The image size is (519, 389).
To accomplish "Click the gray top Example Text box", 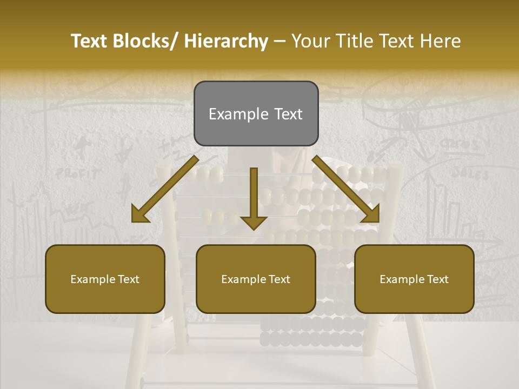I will tap(256, 113).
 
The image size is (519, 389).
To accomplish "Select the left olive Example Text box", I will tap(105, 279).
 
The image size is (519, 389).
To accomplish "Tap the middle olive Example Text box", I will tap(256, 279).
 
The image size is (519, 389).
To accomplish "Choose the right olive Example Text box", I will tap(414, 279).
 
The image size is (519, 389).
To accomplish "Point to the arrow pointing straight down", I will tap(254, 197).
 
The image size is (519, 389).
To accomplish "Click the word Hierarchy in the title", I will tap(226, 41).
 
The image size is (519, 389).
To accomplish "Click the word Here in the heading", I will tap(441, 41).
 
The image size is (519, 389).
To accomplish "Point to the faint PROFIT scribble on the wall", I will tap(78, 174).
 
